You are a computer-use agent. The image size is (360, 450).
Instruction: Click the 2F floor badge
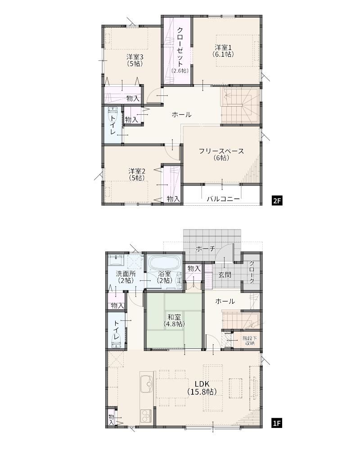pos(277,201)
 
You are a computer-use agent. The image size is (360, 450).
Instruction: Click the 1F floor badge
pos(277,423)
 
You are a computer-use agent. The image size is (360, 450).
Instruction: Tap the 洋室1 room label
pos(223,50)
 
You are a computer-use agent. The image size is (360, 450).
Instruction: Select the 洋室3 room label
pos(135,60)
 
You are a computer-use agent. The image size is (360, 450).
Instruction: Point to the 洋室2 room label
pos(137,175)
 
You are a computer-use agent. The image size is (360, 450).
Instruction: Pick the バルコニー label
pos(223,199)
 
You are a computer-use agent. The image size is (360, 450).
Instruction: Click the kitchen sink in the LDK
pos(147,384)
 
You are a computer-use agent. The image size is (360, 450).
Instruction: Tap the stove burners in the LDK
pos(146,416)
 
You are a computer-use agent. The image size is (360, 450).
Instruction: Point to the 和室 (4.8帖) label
pos(174,320)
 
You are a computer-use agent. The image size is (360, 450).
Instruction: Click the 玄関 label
pos(225,274)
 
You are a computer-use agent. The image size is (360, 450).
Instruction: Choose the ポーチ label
pos(205,248)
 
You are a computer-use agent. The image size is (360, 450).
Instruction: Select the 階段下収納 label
pos(250,341)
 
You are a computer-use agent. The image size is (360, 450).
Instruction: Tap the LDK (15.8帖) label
pos(202,388)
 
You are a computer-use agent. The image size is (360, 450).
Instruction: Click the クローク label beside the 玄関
pos(252,272)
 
